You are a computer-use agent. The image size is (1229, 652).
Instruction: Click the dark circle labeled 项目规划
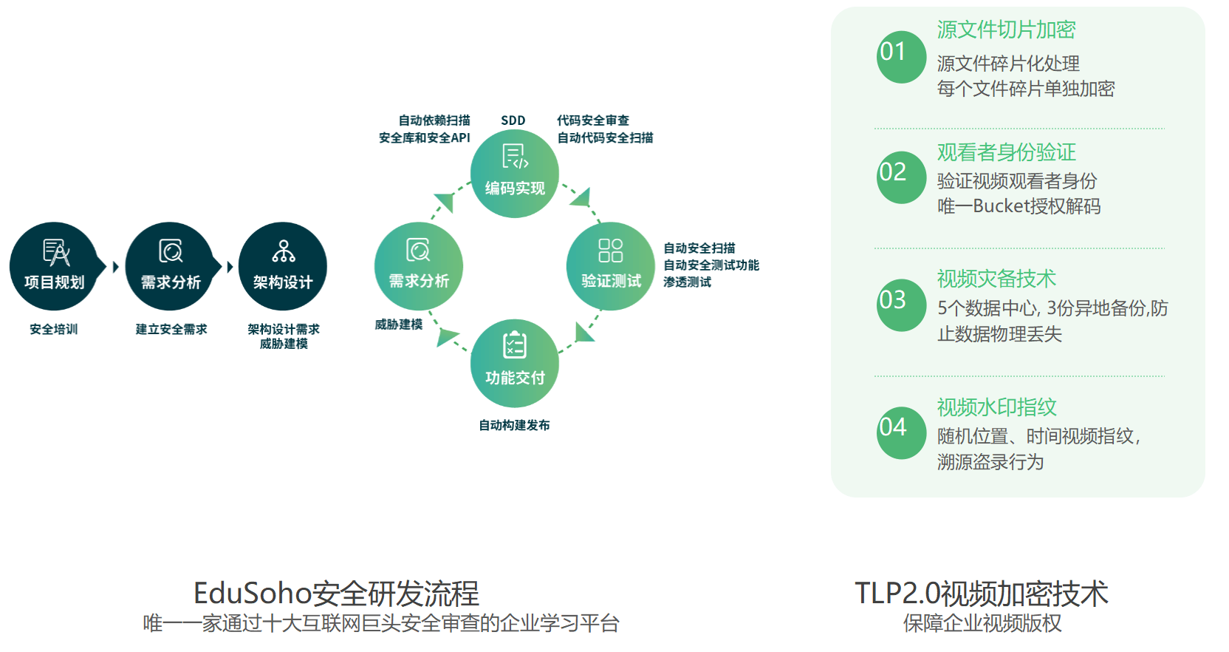click(53, 266)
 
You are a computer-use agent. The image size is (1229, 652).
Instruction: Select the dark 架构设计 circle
click(283, 266)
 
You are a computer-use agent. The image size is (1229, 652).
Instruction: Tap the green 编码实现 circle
click(515, 174)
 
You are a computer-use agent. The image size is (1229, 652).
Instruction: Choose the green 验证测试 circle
click(611, 266)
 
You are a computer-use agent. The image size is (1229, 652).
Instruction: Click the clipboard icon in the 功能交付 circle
click(515, 345)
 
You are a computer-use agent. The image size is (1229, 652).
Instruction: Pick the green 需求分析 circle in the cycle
click(419, 266)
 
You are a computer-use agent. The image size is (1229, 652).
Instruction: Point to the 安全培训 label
click(53, 329)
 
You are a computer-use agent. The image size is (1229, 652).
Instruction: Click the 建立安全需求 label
click(171, 329)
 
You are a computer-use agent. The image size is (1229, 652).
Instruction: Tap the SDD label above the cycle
click(513, 120)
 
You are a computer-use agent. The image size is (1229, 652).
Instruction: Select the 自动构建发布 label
click(514, 425)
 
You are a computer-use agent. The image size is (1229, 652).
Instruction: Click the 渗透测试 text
click(687, 282)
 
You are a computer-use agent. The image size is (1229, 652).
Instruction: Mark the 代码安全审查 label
click(593, 120)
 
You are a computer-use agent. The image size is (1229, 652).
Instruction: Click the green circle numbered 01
click(901, 56)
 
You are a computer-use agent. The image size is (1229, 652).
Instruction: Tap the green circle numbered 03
click(901, 305)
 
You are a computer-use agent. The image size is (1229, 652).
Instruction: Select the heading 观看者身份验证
click(1006, 152)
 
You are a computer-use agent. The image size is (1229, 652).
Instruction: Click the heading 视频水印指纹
click(996, 407)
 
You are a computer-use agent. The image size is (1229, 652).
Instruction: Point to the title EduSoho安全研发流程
click(336, 594)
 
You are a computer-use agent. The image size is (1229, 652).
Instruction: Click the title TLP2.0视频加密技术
click(982, 594)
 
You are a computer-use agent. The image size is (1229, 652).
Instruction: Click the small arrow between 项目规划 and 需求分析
click(115, 267)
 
